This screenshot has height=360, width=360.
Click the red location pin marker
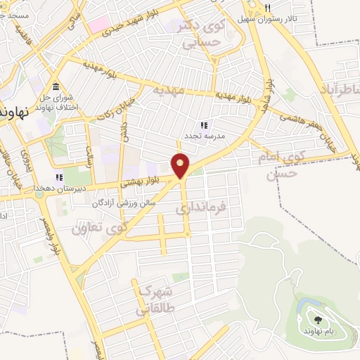181,165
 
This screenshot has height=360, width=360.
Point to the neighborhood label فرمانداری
201,208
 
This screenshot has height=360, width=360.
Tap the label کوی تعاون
99,227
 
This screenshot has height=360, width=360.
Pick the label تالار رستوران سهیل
287,18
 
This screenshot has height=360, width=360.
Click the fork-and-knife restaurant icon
266,8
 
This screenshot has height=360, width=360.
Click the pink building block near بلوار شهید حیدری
98,23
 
